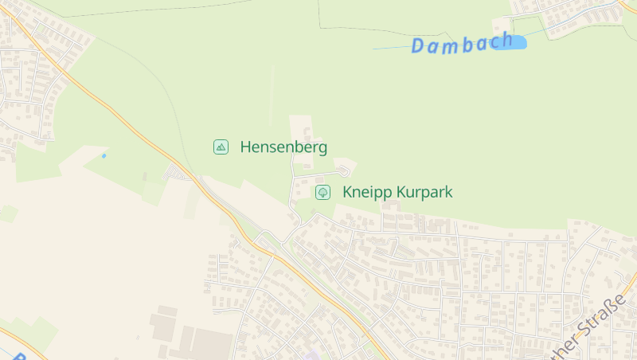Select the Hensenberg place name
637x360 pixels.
(x=283, y=147)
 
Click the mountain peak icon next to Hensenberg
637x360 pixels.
(x=221, y=147)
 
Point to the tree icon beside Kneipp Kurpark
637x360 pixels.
(x=322, y=192)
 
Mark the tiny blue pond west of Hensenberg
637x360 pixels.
(x=104, y=155)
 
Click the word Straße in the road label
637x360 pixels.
(x=603, y=314)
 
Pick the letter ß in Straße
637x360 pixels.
(x=612, y=307)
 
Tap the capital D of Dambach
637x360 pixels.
(x=419, y=47)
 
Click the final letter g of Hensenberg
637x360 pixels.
(x=322, y=149)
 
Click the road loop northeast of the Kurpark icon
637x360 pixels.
(x=343, y=170)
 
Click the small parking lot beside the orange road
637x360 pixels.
(x=174, y=172)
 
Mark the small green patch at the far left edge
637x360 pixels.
(x=8, y=213)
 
